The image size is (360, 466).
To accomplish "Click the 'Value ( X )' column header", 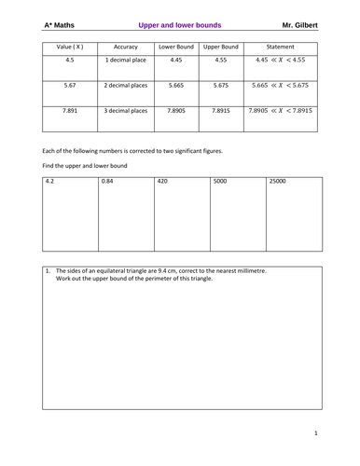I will pyautogui.click(x=70, y=46).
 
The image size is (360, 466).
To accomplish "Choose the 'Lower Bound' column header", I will pyautogui.click(x=176, y=46).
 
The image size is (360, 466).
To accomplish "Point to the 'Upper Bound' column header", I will pyautogui.click(x=220, y=46).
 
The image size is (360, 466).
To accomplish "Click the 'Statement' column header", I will pyautogui.click(x=280, y=46).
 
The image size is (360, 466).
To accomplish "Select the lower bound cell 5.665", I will pyautogui.click(x=176, y=85).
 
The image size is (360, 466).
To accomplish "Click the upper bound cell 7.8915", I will pyautogui.click(x=220, y=110).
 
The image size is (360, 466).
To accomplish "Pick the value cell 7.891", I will pyautogui.click(x=70, y=110).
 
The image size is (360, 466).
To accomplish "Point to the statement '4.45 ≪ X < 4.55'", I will pyautogui.click(x=280, y=61).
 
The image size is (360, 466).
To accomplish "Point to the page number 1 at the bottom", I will pyautogui.click(x=315, y=433).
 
